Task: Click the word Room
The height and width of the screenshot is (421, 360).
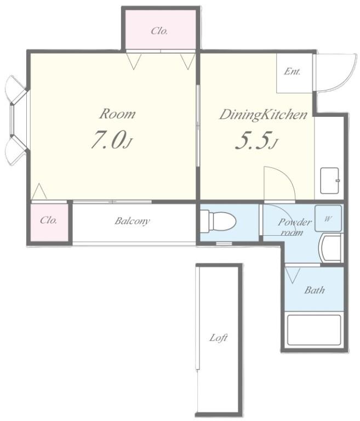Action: [117, 114]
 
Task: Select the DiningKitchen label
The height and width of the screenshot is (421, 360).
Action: [264, 115]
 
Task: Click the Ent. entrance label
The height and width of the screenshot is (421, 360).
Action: [292, 72]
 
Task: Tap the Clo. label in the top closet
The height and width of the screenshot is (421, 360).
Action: [159, 31]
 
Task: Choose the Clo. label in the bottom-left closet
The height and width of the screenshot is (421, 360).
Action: [49, 220]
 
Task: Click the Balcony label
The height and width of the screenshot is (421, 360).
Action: [133, 221]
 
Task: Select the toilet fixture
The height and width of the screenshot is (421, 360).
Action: [218, 221]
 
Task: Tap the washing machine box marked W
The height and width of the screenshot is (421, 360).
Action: [328, 219]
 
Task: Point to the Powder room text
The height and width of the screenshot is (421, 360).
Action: [294, 226]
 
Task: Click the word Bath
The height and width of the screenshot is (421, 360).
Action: [315, 290]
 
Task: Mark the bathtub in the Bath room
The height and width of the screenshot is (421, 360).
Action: [314, 330]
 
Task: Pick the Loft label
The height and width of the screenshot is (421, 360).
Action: [218, 338]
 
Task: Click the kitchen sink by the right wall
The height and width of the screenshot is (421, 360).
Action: [330, 181]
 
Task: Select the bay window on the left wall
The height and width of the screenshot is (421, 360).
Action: [16, 120]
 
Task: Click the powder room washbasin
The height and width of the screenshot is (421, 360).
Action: [330, 248]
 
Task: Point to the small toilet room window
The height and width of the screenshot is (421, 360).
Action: [224, 243]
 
